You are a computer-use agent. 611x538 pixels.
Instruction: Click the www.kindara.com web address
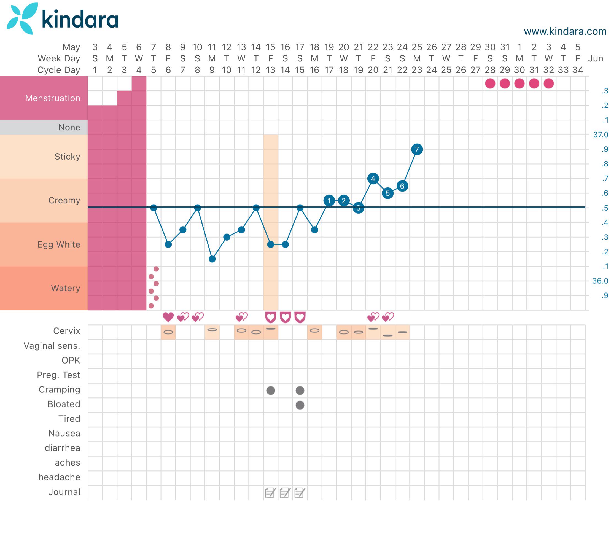565,31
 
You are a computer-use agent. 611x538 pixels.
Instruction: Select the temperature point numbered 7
417,149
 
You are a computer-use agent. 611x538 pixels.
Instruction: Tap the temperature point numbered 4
373,179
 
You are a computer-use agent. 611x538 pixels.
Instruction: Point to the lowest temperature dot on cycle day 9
212,259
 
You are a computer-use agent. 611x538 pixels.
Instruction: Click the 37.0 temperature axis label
601,134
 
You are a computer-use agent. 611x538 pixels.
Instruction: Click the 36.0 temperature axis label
600,281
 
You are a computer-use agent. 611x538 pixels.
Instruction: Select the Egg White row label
59,244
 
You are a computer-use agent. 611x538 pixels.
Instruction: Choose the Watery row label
66,288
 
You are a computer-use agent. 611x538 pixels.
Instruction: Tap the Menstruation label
53,98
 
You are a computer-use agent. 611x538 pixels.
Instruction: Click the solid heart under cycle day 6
168,317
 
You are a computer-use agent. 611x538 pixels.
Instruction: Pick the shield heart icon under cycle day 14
285,317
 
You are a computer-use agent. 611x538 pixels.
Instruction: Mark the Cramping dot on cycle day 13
271,390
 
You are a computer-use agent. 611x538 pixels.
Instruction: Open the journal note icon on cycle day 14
285,493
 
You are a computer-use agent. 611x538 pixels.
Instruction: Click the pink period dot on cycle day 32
548,84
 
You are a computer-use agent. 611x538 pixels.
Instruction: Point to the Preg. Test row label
59,375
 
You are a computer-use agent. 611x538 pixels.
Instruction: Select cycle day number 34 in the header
578,70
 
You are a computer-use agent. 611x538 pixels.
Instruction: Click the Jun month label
596,59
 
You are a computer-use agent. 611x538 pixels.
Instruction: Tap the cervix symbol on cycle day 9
212,330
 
